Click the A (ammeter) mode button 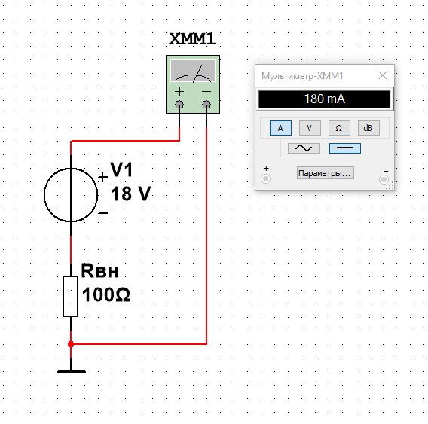280,128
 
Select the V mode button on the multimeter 310,128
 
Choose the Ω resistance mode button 339,128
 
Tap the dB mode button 368,128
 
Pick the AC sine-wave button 304,148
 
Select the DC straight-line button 345,148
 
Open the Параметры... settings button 326,173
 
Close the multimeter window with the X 383,75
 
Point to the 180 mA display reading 325,99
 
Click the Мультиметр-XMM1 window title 302,76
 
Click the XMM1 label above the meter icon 192,38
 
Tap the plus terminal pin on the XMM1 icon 179,104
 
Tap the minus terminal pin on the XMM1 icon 206,104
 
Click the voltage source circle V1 44,195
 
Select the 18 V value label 130,194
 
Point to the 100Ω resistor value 106,294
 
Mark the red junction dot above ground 71,344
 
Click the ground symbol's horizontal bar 71,371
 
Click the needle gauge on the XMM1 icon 193,71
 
